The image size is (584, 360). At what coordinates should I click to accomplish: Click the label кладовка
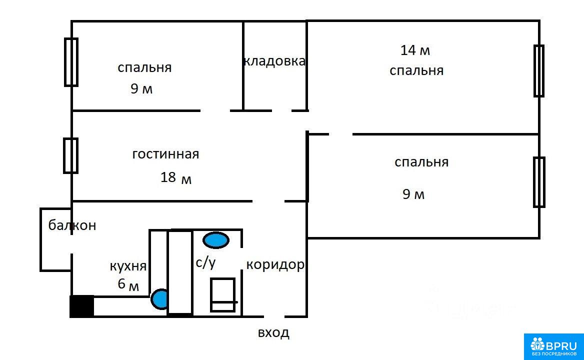pyautogui.click(x=274, y=61)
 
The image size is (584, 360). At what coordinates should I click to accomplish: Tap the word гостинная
pyautogui.click(x=165, y=154)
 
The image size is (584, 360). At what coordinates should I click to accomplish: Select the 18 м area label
pyautogui.click(x=176, y=177)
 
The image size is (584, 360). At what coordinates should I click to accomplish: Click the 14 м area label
pyautogui.click(x=415, y=50)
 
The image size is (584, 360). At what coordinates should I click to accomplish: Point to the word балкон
pyautogui.click(x=72, y=225)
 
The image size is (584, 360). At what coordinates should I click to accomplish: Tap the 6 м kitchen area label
pyautogui.click(x=128, y=284)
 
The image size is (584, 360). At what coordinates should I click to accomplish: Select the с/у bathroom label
pyautogui.click(x=205, y=262)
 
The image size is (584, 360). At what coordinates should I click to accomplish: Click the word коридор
pyautogui.click(x=275, y=265)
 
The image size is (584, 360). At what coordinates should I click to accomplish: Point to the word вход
pyautogui.click(x=273, y=332)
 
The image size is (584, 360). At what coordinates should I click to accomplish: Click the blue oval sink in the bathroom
pyautogui.click(x=215, y=240)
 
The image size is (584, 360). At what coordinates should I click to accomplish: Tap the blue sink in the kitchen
pyautogui.click(x=160, y=299)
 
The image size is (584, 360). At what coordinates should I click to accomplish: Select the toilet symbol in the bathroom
pyautogui.click(x=223, y=295)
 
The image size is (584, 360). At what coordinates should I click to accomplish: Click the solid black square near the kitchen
pyautogui.click(x=82, y=306)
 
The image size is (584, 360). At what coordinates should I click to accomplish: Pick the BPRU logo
pyautogui.click(x=554, y=346)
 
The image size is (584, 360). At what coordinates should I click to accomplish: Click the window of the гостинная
pyautogui.click(x=71, y=155)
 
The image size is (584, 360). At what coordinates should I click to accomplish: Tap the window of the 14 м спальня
pyautogui.click(x=539, y=70)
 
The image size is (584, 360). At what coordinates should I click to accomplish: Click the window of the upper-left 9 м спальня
pyautogui.click(x=71, y=62)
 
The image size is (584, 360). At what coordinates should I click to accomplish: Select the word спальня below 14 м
pyautogui.click(x=416, y=70)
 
